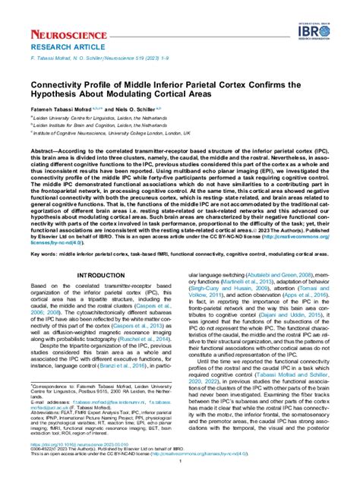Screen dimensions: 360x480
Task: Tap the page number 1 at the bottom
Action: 180,460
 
